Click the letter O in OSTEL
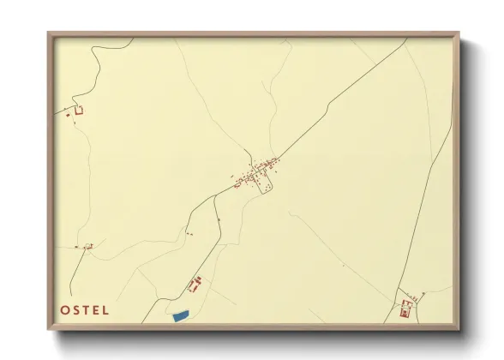pos(65,310)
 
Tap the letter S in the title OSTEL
pos(76,310)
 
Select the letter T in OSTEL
pos(87,310)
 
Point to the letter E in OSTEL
pos(96,310)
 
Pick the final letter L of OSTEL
pos(105,310)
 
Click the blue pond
pos(180,316)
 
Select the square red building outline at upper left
pos(79,110)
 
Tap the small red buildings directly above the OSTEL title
pos(86,247)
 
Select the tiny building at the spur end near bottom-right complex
pos(423,293)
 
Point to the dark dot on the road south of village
pos(219,220)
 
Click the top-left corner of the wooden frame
pos(49,33)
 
